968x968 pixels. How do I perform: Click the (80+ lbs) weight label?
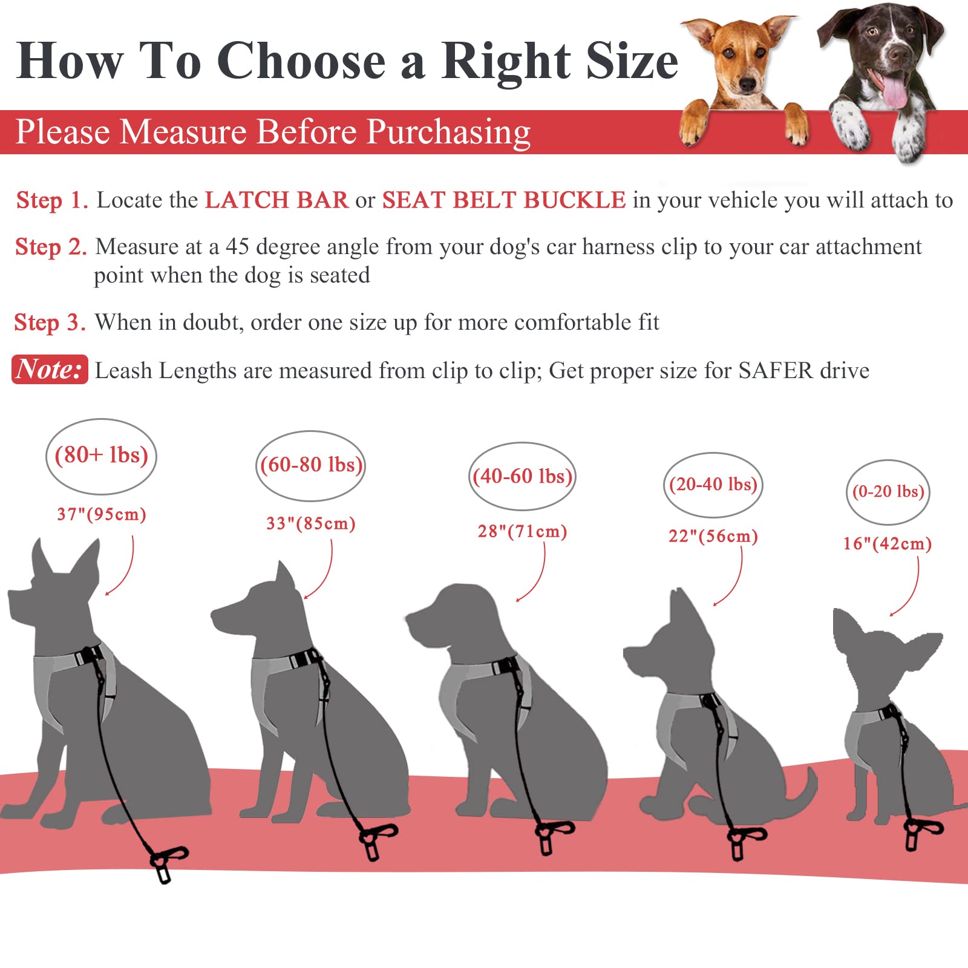tap(101, 456)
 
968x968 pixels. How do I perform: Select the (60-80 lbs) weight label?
tap(311, 465)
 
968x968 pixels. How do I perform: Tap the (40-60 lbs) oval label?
tap(522, 477)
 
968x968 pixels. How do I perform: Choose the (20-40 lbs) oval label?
tap(713, 485)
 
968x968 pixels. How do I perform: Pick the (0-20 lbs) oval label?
tap(888, 492)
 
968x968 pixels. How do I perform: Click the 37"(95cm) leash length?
tap(102, 515)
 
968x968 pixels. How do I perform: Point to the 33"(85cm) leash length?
tap(311, 523)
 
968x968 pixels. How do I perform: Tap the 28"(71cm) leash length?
tap(522, 532)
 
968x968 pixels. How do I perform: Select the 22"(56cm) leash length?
tap(713, 537)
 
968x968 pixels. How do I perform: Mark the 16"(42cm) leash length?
tap(888, 544)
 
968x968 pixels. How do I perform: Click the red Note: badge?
tap(50, 370)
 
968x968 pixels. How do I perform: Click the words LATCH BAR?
tap(276, 200)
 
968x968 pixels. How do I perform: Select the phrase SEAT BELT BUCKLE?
tap(504, 200)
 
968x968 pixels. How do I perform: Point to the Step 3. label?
tap(50, 323)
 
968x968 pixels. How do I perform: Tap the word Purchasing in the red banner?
tap(448, 132)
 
